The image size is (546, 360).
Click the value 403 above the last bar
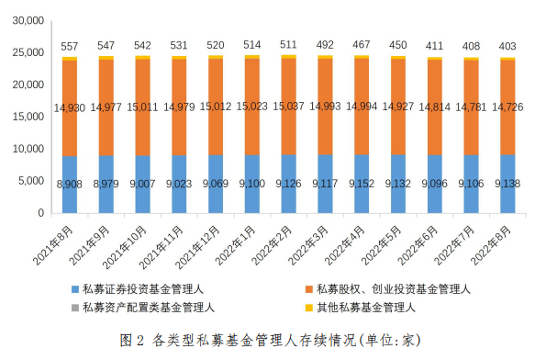pyautogui.click(x=507, y=46)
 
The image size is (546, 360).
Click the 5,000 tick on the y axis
pyautogui.click(x=29, y=181)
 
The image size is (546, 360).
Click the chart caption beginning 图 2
pyautogui.click(x=273, y=340)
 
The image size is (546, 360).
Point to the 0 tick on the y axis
pyautogui.click(x=40, y=213)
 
